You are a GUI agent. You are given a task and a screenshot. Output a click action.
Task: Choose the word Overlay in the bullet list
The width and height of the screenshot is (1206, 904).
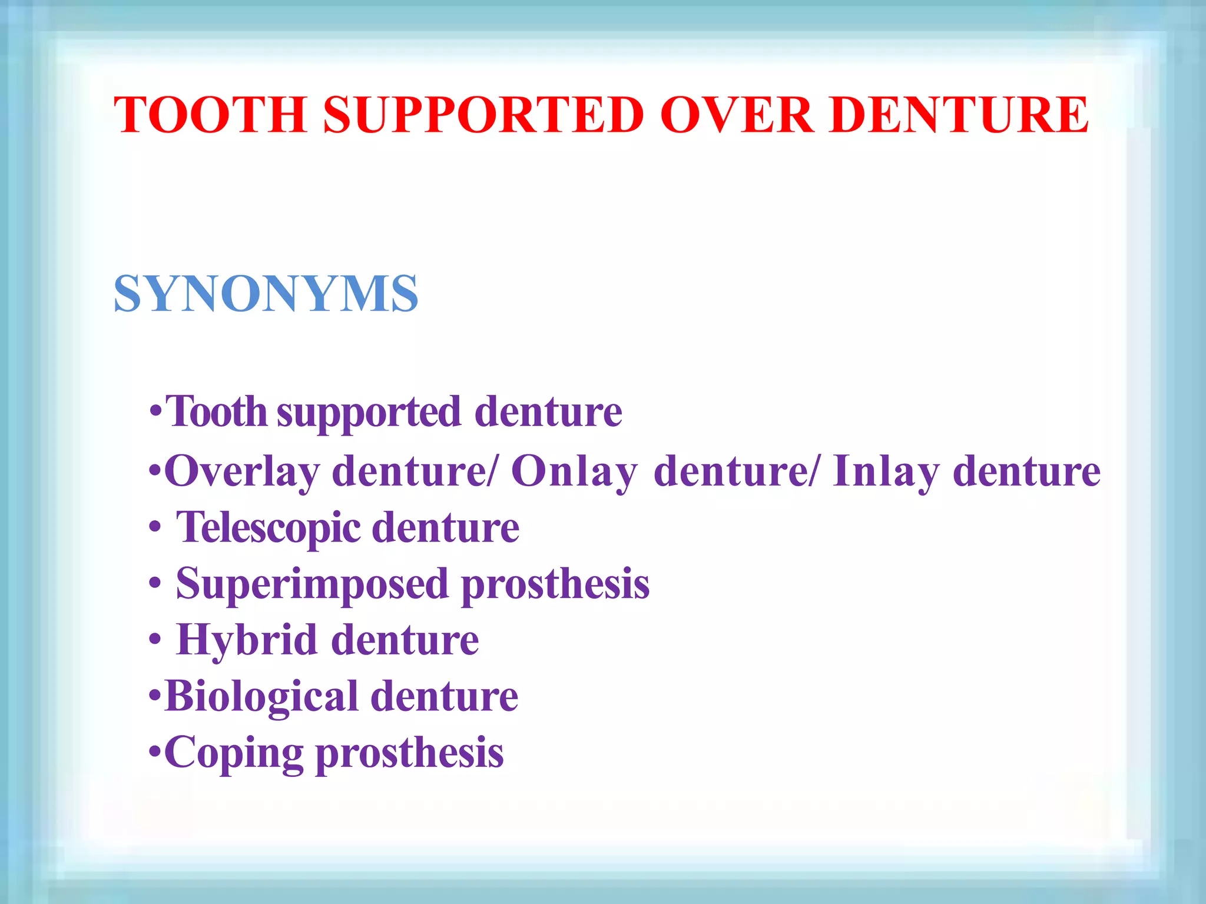(242, 472)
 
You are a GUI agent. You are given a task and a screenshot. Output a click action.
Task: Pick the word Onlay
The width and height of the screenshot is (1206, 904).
(574, 472)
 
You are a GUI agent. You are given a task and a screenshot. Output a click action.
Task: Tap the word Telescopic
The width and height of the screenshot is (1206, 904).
(269, 527)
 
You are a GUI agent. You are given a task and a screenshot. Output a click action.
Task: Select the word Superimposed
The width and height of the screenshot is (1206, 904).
(312, 584)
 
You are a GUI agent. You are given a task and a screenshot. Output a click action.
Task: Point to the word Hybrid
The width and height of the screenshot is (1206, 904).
(247, 640)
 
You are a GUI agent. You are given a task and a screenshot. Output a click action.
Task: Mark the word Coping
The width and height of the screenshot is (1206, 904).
(233, 753)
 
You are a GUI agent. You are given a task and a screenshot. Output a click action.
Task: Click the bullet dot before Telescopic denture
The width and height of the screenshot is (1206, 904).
(155, 528)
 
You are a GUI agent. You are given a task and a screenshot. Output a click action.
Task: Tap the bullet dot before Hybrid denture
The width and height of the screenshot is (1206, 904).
(155, 640)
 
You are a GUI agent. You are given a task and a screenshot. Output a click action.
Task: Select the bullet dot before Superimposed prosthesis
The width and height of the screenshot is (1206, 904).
(155, 584)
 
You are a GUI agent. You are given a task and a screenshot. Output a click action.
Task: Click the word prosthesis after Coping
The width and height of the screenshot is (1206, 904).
(410, 753)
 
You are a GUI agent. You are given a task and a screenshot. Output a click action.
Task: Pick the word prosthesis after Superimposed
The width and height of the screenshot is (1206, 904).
(555, 584)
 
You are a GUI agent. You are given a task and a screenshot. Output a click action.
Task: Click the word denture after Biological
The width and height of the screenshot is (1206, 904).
(445, 696)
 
